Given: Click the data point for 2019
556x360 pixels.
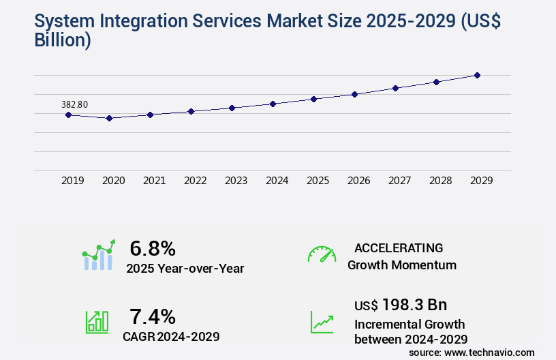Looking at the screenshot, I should coord(68,115).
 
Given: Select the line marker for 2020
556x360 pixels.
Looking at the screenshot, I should coord(109,118).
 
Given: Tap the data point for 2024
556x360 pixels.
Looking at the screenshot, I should coord(273,104).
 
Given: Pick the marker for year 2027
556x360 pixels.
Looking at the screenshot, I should coord(395,88).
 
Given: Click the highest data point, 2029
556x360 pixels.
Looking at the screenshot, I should coord(477,75).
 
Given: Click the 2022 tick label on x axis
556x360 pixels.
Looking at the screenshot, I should coord(195,181).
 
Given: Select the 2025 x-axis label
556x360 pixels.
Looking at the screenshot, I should coord(318,181).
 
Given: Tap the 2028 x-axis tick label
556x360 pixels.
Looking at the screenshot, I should coord(440,181).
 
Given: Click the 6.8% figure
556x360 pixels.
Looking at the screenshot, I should coord(153,247).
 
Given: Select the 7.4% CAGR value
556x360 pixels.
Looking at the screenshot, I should coord(153,316).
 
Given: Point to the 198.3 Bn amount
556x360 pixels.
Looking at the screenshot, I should coord(414,305).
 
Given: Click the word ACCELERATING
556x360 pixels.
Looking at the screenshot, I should coord(399,248).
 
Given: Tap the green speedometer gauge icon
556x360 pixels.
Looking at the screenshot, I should coord(322,254).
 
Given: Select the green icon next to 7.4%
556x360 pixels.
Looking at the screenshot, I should coord(97,322).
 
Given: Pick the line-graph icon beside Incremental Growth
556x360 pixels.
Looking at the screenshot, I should coord(322,322).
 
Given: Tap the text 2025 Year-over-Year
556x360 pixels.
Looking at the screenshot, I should coord(185,268).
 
